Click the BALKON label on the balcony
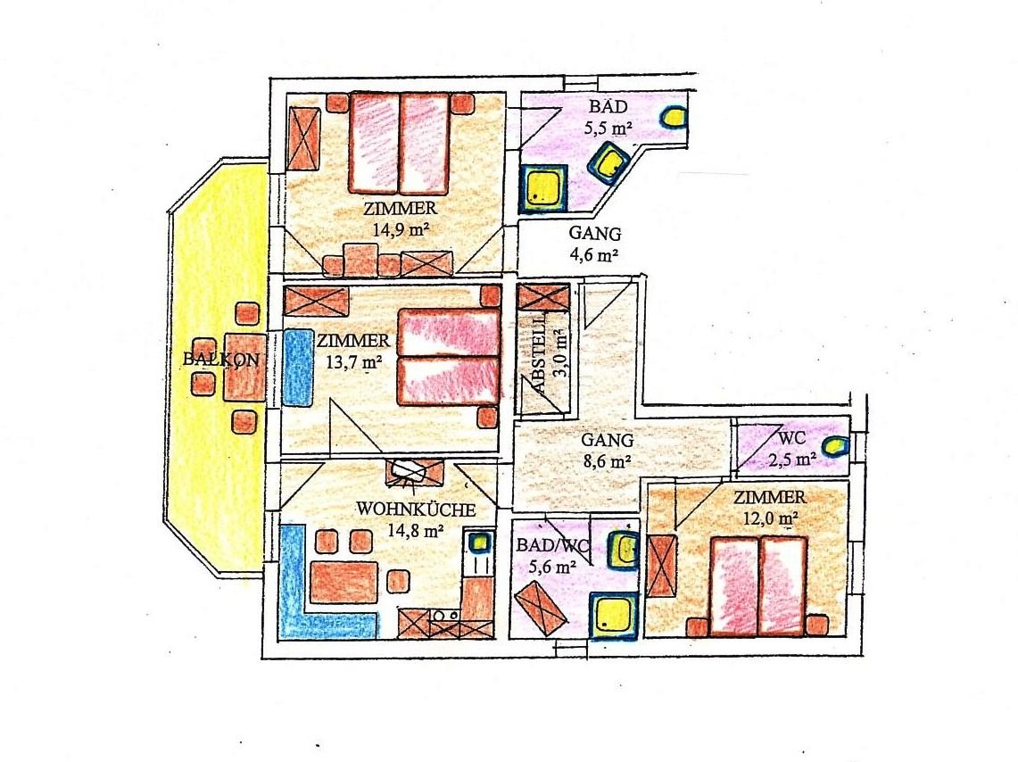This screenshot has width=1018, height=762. click(x=221, y=359)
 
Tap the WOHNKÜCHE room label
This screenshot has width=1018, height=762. click(x=416, y=509)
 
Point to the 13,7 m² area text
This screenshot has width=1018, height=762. click(x=353, y=361)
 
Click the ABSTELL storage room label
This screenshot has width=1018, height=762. click(x=538, y=360)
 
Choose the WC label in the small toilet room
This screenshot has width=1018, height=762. click(x=791, y=438)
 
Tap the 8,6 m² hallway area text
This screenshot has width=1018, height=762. click(x=607, y=462)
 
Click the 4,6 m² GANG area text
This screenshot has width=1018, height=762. click(x=592, y=254)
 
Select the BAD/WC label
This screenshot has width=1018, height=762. click(x=553, y=545)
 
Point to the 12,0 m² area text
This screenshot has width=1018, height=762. click(x=771, y=518)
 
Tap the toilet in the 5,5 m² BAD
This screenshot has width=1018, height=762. click(x=674, y=118)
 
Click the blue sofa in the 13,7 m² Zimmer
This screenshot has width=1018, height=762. click(x=297, y=368)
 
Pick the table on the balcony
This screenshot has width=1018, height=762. click(x=244, y=368)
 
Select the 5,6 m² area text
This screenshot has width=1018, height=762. click(x=553, y=567)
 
